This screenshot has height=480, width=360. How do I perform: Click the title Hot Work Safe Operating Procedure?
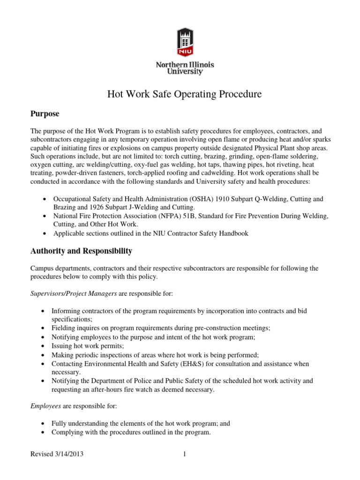click(x=185, y=94)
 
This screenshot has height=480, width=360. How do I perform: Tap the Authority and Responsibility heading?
click(x=81, y=251)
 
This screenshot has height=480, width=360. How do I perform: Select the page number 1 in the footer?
click(x=185, y=454)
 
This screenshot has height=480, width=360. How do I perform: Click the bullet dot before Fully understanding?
click(x=43, y=423)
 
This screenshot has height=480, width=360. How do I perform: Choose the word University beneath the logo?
click(x=185, y=72)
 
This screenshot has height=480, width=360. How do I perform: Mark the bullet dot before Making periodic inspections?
click(x=43, y=355)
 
